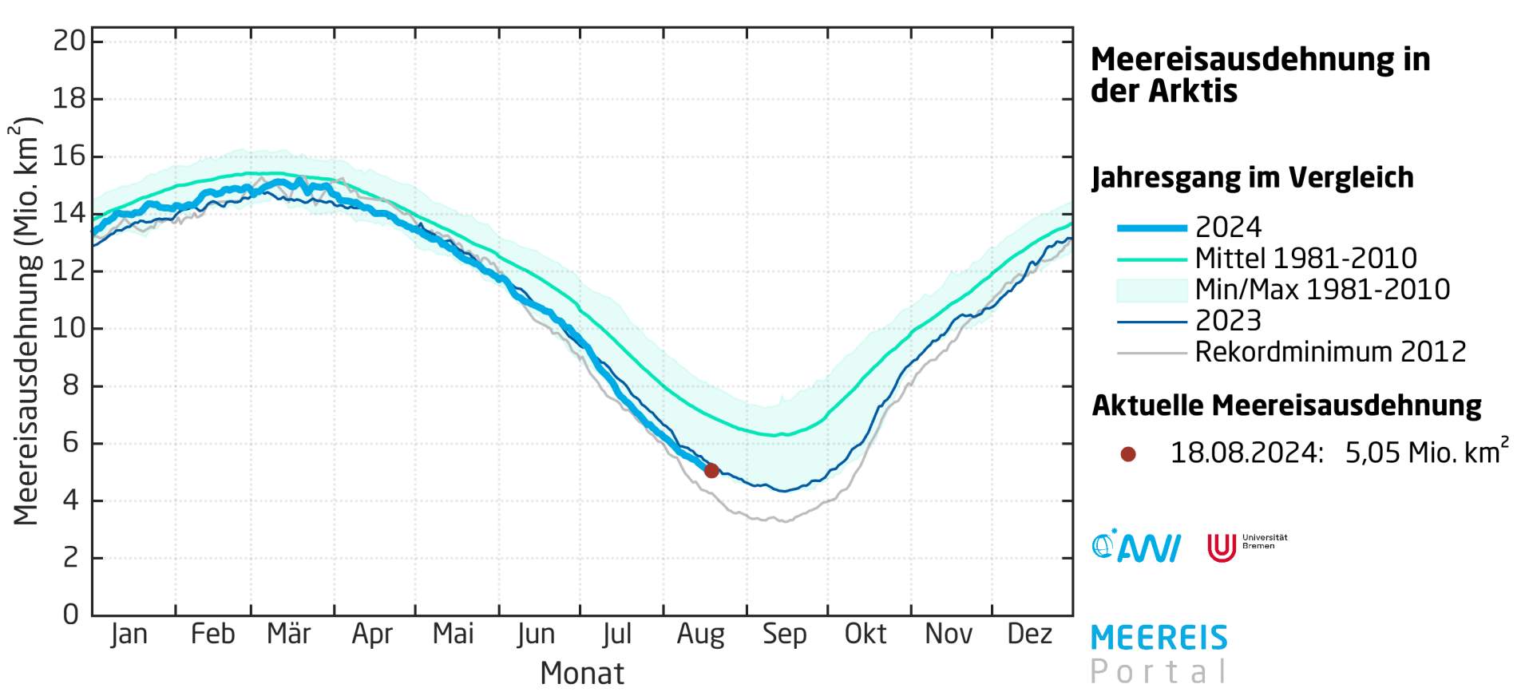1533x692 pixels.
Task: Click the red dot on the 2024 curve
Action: click(x=711, y=471)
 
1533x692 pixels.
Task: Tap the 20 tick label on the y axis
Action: click(x=69, y=41)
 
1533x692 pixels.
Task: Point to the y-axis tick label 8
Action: click(x=71, y=386)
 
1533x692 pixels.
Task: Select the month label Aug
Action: click(x=700, y=634)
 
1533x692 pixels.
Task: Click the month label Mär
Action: click(x=288, y=634)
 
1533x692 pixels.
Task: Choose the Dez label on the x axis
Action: click(x=1029, y=634)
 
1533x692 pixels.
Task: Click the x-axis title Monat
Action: click(x=581, y=673)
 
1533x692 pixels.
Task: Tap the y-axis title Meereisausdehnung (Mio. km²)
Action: click(x=26, y=321)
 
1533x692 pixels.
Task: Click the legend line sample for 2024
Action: click(x=1151, y=228)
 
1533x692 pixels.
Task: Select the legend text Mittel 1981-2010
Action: click(x=1305, y=259)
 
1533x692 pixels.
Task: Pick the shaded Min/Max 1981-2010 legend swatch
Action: click(x=1151, y=290)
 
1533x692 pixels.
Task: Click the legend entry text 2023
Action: click(x=1228, y=321)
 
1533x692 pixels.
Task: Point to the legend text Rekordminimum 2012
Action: click(x=1330, y=352)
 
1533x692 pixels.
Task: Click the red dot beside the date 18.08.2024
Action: click(x=1128, y=454)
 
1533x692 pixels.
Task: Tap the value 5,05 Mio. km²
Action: click(x=1426, y=453)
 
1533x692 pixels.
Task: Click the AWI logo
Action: click(x=1135, y=548)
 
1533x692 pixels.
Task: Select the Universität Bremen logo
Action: click(x=1246, y=547)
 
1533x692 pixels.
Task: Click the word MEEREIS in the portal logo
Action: click(x=1159, y=639)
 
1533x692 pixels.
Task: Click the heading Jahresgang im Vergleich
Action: click(x=1252, y=177)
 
